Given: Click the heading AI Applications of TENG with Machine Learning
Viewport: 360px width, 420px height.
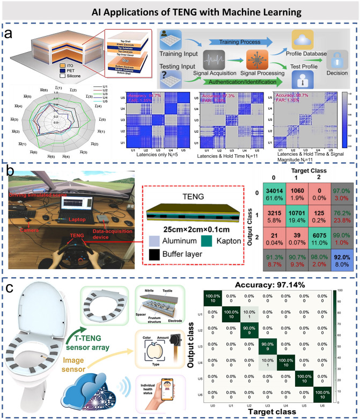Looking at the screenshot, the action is pyautogui.click(x=180, y=12).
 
